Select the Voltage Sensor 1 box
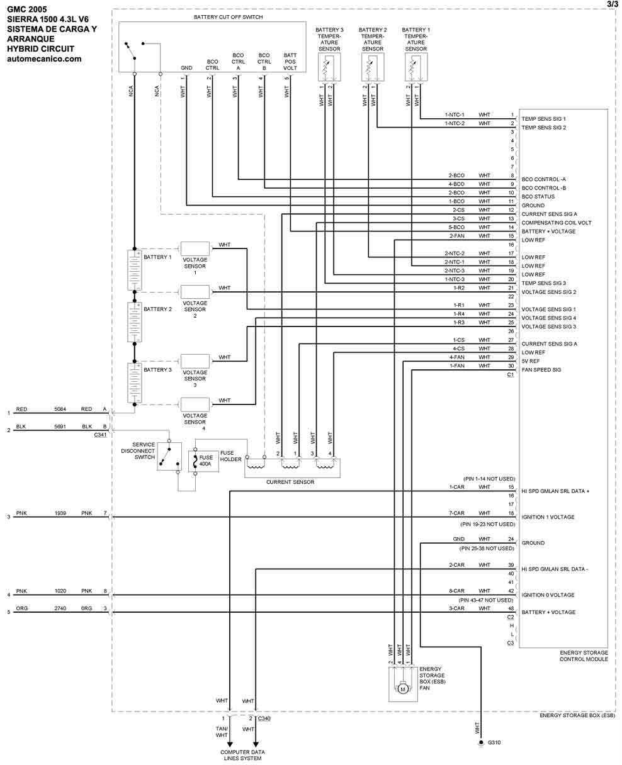[195, 248]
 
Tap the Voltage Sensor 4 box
[195, 404]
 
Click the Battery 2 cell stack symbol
[135, 321]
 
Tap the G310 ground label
[495, 744]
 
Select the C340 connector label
[264, 718]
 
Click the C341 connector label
[99, 435]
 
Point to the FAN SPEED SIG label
[541, 370]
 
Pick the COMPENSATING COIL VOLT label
[557, 223]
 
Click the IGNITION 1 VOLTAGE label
[548, 517]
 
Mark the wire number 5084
[60, 410]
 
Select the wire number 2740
[60, 609]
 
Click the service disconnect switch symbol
[169, 456]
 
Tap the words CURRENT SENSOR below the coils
[290, 483]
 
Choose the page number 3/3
[612, 4]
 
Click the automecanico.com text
[44, 59]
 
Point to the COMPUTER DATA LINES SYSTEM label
[242, 755]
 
